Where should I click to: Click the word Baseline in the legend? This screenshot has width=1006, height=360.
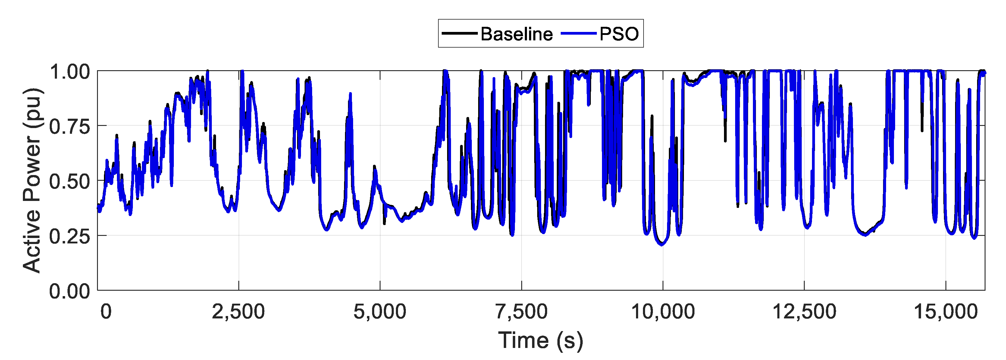[516, 34]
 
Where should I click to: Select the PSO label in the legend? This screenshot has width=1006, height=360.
[619, 34]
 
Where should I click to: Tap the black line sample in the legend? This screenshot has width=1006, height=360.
[460, 33]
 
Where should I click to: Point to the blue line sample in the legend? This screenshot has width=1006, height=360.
[578, 33]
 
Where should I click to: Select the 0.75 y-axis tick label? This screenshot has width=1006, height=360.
[70, 127]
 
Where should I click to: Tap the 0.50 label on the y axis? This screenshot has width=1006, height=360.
[70, 182]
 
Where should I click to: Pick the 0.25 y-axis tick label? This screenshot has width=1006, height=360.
[70, 236]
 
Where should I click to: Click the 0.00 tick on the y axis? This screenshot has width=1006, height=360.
[70, 291]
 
